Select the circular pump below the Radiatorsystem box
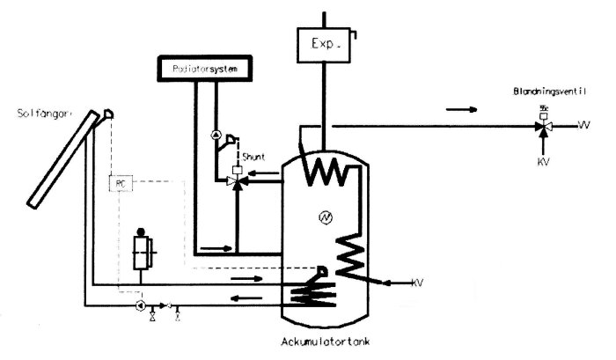tap(215, 136)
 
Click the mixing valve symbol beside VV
tap(543, 127)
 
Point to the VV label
tap(583, 127)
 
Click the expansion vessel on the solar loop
tap(141, 250)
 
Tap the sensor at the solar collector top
tap(107, 114)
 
